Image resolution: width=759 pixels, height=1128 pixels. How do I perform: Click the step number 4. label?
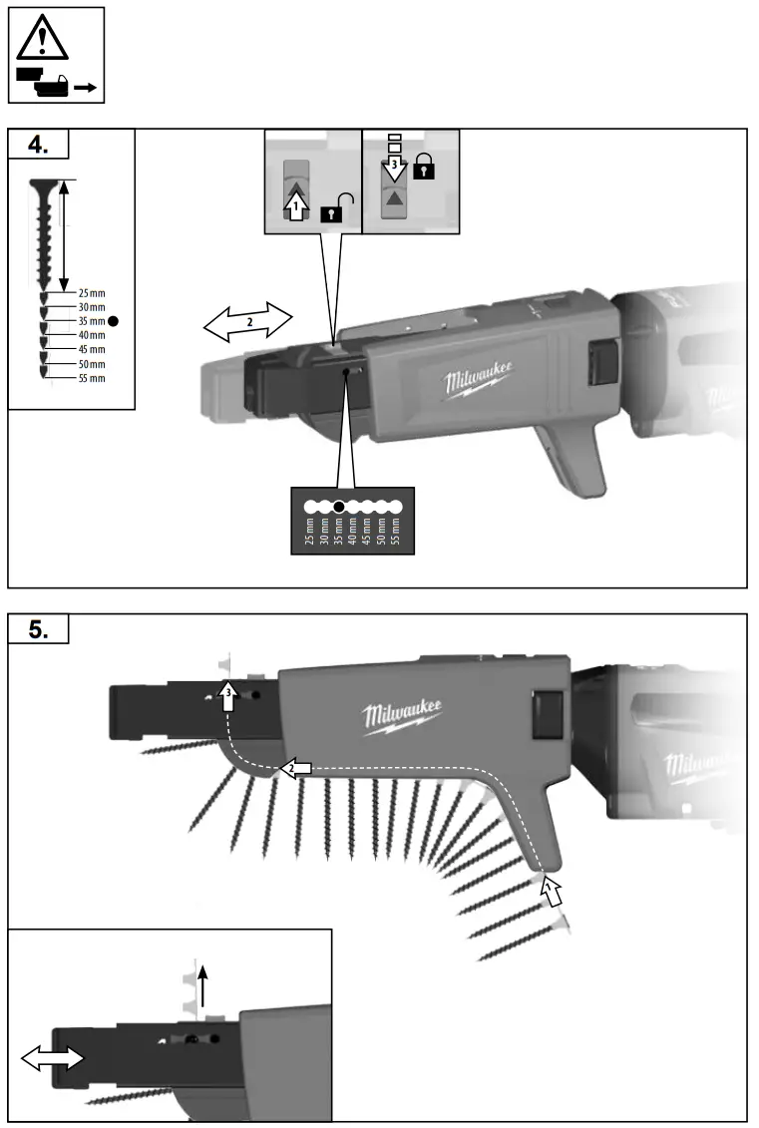click(x=38, y=145)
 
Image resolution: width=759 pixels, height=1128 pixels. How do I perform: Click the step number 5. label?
click(x=38, y=630)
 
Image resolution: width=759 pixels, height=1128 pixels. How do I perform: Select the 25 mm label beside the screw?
click(x=91, y=293)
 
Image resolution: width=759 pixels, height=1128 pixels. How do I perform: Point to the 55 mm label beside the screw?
click(x=91, y=378)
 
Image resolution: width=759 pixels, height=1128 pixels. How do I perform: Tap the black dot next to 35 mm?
click(x=114, y=321)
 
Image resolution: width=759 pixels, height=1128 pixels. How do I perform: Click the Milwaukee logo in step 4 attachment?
click(x=479, y=381)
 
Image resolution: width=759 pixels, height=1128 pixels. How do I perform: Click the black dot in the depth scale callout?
click(x=339, y=506)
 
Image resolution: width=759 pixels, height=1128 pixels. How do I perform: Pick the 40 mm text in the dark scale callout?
click(x=352, y=535)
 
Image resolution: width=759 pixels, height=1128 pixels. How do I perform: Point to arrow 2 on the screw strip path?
click(x=296, y=768)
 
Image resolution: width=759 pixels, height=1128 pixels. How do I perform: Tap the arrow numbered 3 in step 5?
click(x=227, y=695)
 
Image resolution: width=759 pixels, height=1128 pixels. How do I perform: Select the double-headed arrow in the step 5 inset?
click(x=54, y=1059)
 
